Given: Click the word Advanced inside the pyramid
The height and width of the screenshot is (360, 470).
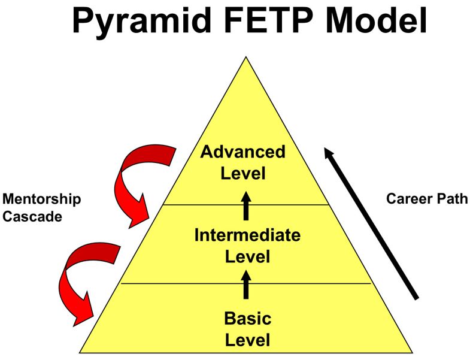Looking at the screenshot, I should [242, 152].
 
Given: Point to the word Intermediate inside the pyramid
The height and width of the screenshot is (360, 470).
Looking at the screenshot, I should [247, 235].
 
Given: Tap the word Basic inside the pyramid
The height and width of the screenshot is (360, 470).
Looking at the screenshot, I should [247, 318].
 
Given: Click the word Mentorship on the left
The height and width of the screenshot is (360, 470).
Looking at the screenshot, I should [41, 199].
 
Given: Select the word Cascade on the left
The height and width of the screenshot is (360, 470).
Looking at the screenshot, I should [32, 217].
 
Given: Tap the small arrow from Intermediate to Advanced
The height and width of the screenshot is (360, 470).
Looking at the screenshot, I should [245, 204].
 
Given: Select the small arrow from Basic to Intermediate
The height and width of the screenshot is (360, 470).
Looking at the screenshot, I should [245, 283].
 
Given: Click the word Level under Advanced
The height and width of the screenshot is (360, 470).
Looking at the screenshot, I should [242, 174].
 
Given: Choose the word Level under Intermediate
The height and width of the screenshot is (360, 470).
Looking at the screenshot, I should [247, 258].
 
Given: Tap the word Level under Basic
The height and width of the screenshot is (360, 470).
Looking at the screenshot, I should [247, 341].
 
